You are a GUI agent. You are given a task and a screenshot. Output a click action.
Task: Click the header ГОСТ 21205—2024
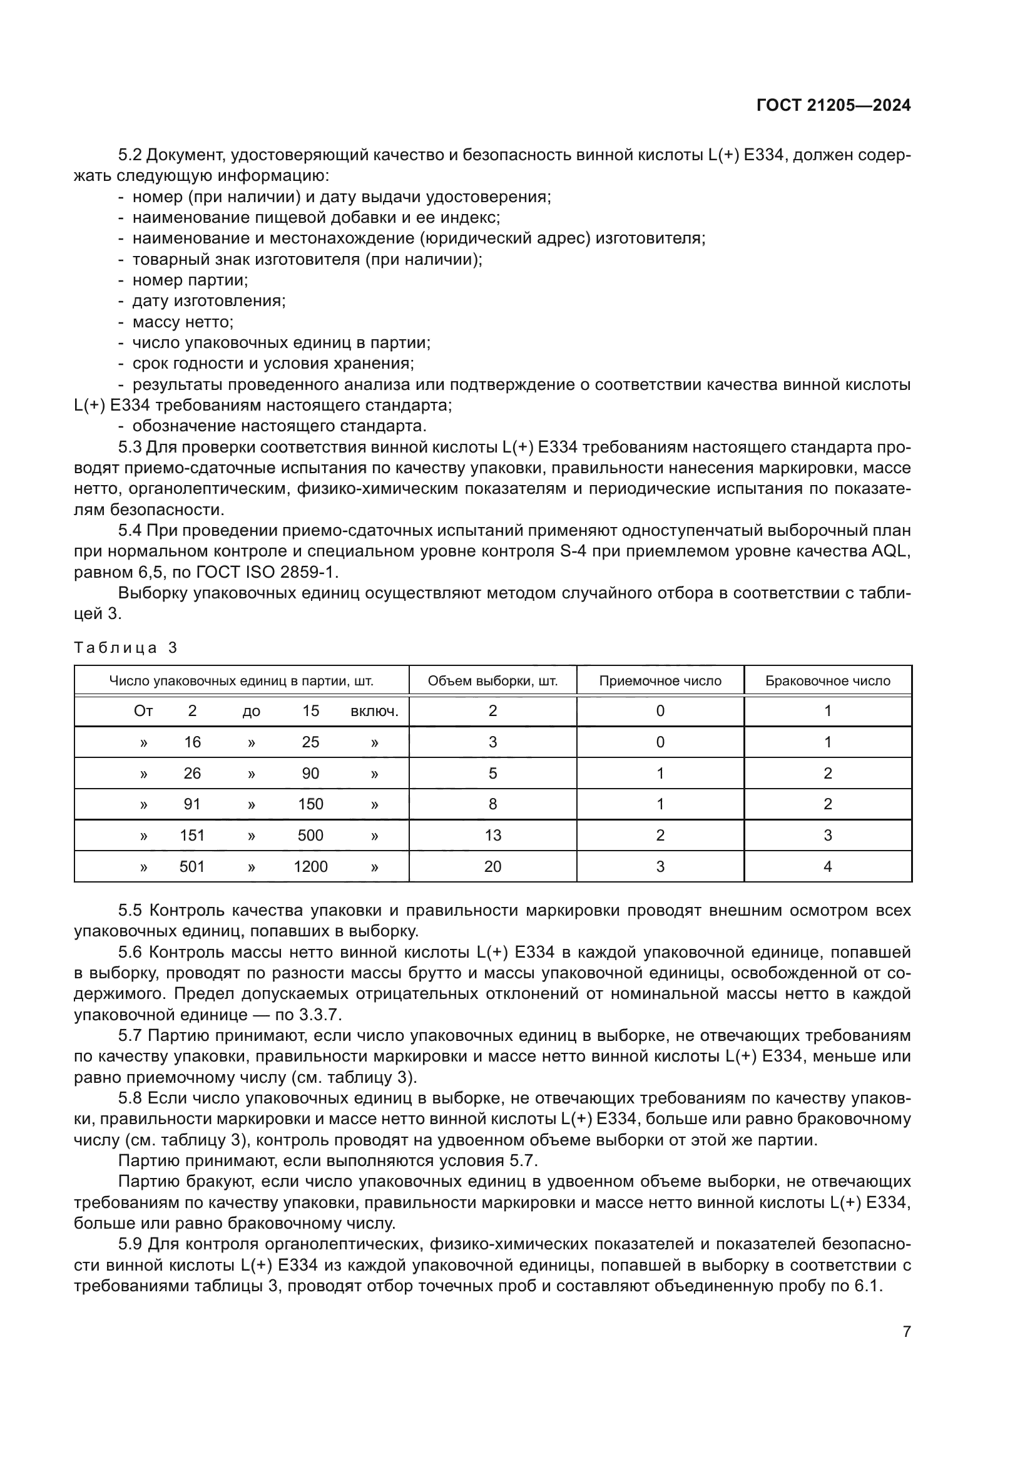click(x=833, y=106)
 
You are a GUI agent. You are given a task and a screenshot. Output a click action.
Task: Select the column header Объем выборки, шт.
click(x=492, y=680)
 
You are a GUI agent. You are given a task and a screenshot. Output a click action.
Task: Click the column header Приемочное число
click(x=660, y=680)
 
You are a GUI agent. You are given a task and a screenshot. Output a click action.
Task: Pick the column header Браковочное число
click(x=827, y=680)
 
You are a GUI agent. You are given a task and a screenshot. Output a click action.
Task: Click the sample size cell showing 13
click(x=492, y=836)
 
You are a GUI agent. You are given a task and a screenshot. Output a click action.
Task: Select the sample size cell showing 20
click(x=492, y=866)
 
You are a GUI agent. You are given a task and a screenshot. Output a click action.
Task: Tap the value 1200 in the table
click(x=310, y=866)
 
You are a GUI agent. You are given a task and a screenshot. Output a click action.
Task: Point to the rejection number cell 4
click(x=827, y=866)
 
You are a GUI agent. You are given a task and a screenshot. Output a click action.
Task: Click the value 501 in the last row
click(x=192, y=866)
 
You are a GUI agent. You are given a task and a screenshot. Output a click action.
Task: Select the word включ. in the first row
click(x=374, y=711)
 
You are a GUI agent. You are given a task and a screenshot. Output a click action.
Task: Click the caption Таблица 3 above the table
click(x=126, y=648)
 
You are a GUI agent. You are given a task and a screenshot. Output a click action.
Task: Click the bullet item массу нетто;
click(x=183, y=322)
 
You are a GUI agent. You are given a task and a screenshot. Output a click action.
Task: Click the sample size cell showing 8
click(x=492, y=804)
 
